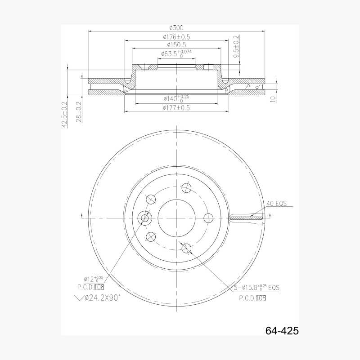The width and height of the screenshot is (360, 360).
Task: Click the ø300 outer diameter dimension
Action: point(176,28)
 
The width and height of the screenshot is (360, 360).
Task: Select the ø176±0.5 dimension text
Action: point(176,37)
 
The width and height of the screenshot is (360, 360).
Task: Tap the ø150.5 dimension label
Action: point(176,45)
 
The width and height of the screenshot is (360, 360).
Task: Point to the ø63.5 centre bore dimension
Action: point(176,54)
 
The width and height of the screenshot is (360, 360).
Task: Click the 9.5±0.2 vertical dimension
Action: point(236,46)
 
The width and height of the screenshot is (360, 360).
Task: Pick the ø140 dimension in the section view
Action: point(176,98)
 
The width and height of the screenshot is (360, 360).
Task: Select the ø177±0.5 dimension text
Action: point(176,108)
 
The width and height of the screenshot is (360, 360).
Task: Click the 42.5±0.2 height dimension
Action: point(64,115)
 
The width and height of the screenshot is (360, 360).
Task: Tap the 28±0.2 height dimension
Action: point(79,112)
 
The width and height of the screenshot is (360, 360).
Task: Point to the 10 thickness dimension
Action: point(273,99)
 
